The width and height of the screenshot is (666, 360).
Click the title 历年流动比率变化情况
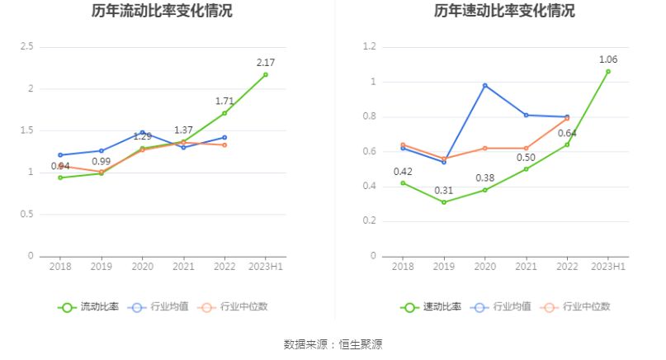[x=162, y=12]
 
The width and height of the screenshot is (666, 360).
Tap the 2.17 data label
[x=266, y=63]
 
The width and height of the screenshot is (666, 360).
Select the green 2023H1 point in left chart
[x=266, y=74]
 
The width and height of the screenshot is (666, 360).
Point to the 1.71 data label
[x=224, y=101]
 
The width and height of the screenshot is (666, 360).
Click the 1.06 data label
[x=608, y=59]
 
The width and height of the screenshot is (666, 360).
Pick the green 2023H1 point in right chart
[x=608, y=71]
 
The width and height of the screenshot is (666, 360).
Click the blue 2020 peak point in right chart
[x=485, y=85]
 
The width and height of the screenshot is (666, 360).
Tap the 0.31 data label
[x=444, y=191]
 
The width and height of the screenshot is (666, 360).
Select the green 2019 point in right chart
[x=444, y=202]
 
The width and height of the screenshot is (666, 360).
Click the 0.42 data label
[x=403, y=172]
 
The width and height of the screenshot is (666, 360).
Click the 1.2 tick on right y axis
[x=368, y=47]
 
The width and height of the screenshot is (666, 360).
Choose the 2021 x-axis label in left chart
[x=183, y=267]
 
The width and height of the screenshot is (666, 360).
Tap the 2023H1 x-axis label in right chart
[x=608, y=267]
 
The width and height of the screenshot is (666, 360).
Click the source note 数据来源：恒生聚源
[x=333, y=343]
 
